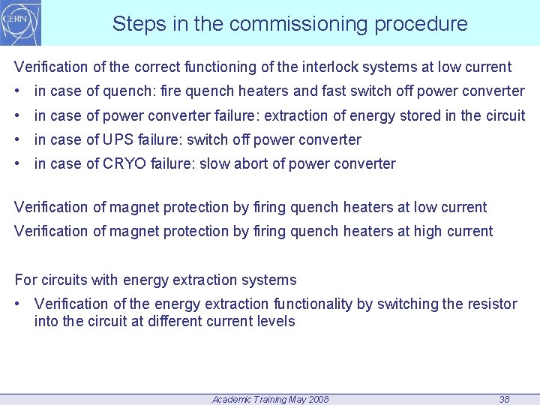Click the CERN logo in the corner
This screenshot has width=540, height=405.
point(21,22)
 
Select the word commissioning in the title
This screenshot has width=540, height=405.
point(298,24)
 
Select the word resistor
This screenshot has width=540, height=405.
point(491,304)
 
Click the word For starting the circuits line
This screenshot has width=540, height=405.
point(25,280)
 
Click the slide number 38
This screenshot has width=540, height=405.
point(504,400)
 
